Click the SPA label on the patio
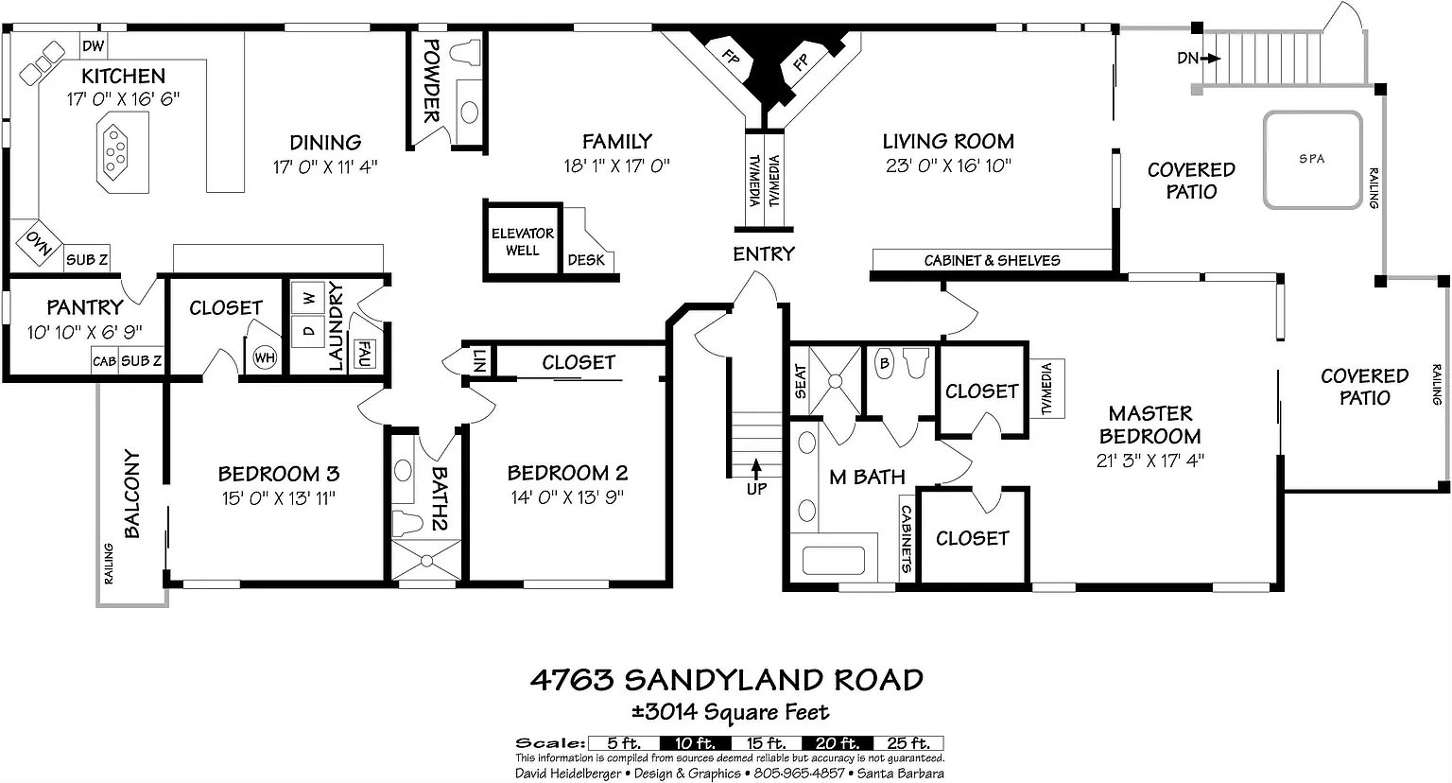tap(1312, 159)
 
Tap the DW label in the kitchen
tap(94, 45)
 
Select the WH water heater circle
tap(265, 357)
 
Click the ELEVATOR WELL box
tap(523, 242)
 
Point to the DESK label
tap(586, 260)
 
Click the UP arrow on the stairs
tap(756, 469)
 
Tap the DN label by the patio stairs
tap(1187, 59)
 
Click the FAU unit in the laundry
tap(363, 354)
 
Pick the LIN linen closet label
tap(479, 360)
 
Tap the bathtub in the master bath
tap(834, 561)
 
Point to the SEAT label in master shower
tap(801, 382)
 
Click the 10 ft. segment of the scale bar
tap(695, 743)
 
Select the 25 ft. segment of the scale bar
tap(908, 743)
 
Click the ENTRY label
tap(764, 254)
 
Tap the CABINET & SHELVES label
tap(992, 261)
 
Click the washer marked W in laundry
tap(308, 299)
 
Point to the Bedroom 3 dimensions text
tap(278, 497)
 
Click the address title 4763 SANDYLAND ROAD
tap(726, 680)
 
